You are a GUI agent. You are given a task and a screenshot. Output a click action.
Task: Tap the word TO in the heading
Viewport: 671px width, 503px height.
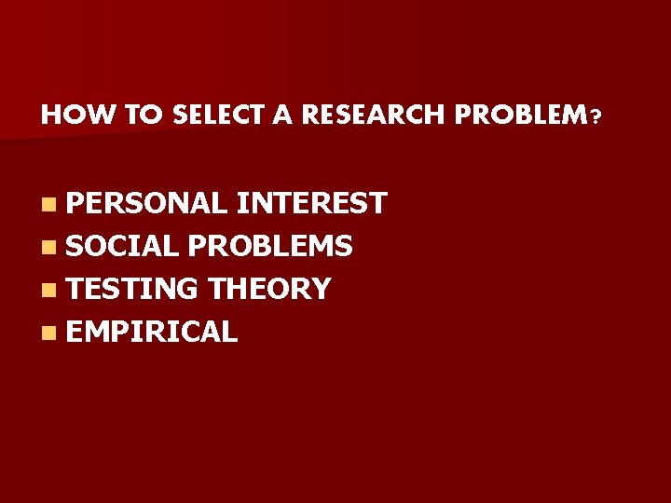tap(144, 116)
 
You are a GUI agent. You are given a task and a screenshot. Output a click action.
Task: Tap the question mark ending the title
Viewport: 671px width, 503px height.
tap(595, 117)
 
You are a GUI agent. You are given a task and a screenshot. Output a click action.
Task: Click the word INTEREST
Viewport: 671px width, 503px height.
tap(311, 203)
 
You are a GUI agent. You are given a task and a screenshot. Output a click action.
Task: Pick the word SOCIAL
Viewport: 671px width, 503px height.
tap(123, 246)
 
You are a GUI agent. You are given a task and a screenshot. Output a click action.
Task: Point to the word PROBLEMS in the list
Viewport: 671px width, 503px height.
tap(269, 246)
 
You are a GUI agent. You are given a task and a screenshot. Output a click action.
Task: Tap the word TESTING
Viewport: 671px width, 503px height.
tap(133, 289)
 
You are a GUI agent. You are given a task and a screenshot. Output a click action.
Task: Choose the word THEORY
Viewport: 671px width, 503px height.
tap(269, 289)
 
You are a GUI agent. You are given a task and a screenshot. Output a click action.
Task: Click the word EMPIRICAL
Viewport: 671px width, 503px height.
tap(152, 332)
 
